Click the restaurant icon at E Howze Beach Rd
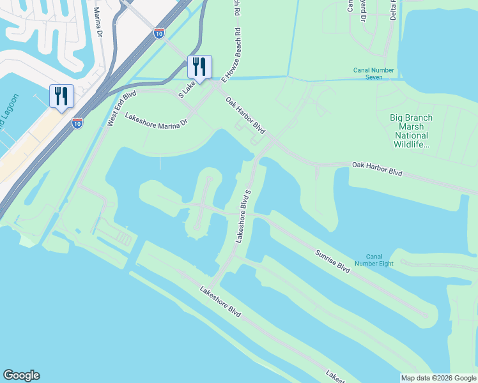pyautogui.click(x=199, y=66)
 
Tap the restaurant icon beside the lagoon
pyautogui.click(x=61, y=96)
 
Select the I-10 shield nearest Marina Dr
pyautogui.click(x=159, y=33)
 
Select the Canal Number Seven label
pyautogui.click(x=376, y=73)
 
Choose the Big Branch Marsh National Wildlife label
pyautogui.click(x=411, y=131)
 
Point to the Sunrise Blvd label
pyautogui.click(x=332, y=262)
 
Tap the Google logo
pyautogui.click(x=21, y=375)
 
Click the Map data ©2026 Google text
pyautogui.click(x=438, y=378)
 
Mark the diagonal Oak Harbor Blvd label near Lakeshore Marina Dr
pyautogui.click(x=245, y=116)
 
